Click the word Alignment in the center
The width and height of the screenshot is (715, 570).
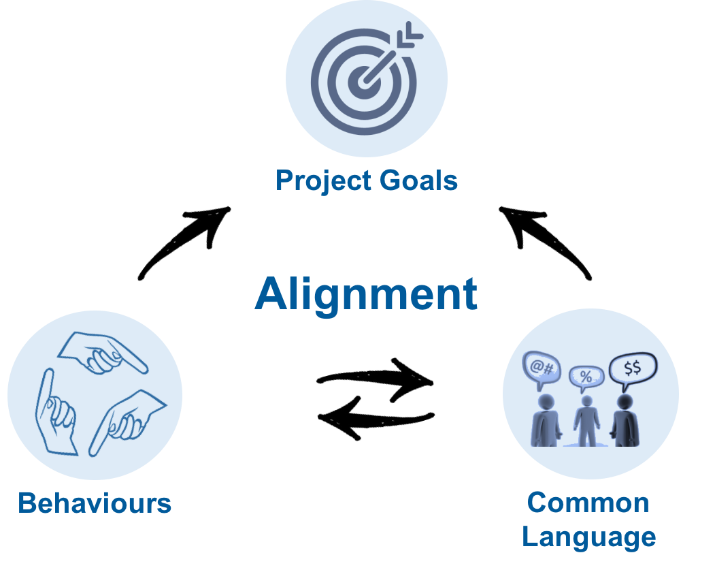(x=366, y=295)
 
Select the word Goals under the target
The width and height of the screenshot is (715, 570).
(x=418, y=180)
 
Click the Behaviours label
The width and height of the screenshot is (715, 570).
(x=95, y=503)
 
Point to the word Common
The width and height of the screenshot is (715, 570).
(x=588, y=503)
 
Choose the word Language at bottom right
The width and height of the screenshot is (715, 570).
(x=588, y=537)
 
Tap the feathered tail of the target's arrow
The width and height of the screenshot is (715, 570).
(x=410, y=35)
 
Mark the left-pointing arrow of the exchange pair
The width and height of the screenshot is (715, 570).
(x=376, y=419)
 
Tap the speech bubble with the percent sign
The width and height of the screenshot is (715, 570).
(x=586, y=378)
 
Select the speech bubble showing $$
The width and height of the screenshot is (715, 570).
(x=633, y=368)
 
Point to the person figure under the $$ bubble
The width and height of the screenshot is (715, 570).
(x=625, y=420)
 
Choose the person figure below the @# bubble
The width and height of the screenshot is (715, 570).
(x=546, y=420)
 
